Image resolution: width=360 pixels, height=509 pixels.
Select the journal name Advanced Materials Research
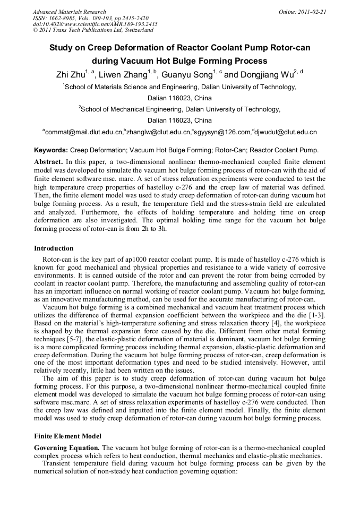click(69, 12)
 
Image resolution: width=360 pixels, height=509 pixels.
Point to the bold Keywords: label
click(51, 150)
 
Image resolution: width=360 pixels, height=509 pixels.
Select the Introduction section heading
click(54, 248)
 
